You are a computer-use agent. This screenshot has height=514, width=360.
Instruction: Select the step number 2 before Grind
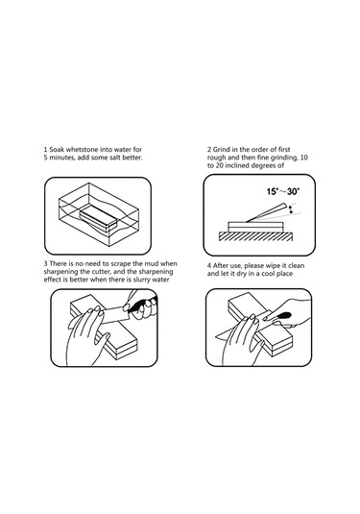(x=209, y=150)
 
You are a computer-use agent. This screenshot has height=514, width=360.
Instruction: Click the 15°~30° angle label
(x=283, y=191)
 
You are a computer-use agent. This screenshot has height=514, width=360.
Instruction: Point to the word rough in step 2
(x=216, y=158)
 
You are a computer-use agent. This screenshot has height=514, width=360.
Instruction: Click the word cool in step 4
(x=268, y=274)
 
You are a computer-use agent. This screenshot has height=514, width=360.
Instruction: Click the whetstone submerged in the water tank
(x=98, y=218)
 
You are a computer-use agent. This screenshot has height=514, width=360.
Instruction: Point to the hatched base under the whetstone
(x=255, y=236)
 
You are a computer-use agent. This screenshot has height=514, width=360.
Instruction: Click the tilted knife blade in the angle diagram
(x=266, y=212)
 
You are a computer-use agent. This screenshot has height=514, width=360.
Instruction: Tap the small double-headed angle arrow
(x=290, y=210)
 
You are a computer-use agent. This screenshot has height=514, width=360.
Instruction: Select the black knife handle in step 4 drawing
(x=282, y=316)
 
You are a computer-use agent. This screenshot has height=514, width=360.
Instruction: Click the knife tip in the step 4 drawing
(x=215, y=336)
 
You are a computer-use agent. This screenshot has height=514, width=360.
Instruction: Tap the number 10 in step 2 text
(x=304, y=158)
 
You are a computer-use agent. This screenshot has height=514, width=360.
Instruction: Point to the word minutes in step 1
(x=61, y=158)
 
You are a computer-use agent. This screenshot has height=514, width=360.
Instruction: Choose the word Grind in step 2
(x=222, y=150)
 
